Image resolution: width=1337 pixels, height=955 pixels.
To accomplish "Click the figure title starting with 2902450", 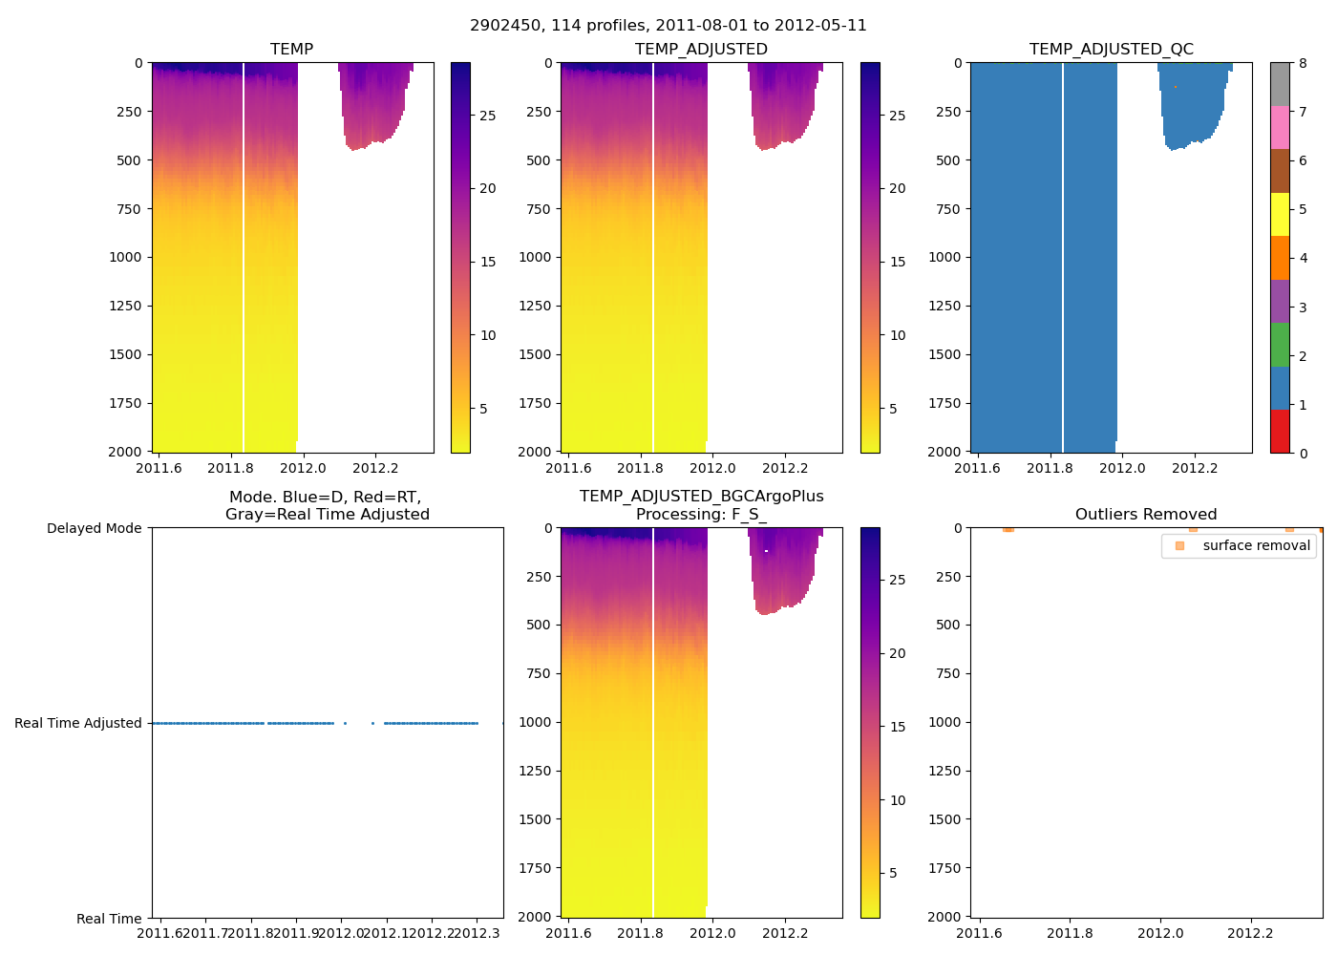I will pos(668,26).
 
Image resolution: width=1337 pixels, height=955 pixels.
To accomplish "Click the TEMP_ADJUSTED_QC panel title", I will pos(1111,49).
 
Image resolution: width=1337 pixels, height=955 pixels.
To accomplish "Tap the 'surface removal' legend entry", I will pos(1256,545).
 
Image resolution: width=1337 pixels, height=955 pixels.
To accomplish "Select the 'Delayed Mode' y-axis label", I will pos(94,528).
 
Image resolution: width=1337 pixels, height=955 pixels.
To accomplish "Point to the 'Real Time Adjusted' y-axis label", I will pos(78,723).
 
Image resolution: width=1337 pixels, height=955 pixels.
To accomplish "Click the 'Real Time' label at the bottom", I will pos(109,919).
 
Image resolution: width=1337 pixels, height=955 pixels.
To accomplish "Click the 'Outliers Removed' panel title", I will pos(1145,514).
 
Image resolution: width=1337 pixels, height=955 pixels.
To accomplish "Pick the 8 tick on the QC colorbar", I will pos(1303,63).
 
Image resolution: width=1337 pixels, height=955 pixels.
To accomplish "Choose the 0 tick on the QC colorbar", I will pos(1303,454).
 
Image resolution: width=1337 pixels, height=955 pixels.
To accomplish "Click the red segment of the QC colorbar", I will pos(1280,431).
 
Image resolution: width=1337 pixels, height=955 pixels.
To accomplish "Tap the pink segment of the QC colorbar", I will pos(1280,127).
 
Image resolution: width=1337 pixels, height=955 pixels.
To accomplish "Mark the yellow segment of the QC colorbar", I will pos(1280,214).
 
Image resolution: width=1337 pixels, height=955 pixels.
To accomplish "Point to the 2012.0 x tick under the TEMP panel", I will pos(303,468).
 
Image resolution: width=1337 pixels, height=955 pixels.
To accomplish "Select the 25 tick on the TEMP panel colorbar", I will pos(487,116).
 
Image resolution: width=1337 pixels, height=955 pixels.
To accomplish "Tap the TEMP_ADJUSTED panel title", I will pos(701,49).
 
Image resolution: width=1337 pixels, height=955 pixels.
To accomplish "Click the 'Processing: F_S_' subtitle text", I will pos(701,514).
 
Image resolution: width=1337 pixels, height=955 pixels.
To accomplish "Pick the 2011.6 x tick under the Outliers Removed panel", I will pos(979,933).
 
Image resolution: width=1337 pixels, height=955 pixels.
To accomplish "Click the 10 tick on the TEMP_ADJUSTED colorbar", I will pos(897,335).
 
